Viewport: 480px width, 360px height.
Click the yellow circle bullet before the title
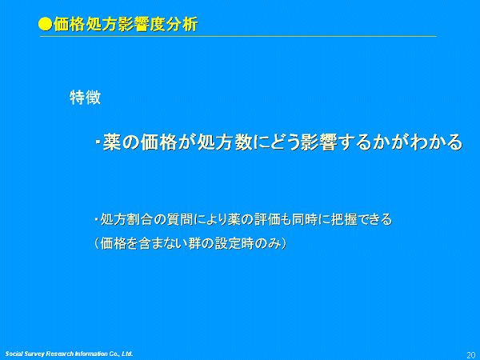(46, 24)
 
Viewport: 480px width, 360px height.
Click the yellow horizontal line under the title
(238, 37)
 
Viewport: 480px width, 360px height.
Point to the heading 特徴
(85, 98)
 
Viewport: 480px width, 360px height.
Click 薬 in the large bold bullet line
(112, 142)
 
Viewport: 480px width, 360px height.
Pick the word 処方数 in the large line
(226, 142)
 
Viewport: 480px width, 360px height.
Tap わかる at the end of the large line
(436, 142)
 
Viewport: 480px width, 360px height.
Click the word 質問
(180, 219)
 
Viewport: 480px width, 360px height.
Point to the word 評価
(267, 219)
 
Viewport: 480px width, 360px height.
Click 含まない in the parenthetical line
(162, 244)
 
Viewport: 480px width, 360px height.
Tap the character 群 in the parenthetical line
(194, 244)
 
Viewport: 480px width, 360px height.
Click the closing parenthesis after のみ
(284, 244)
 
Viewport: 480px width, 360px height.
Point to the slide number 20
(471, 355)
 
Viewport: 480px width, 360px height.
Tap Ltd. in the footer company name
(127, 354)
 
